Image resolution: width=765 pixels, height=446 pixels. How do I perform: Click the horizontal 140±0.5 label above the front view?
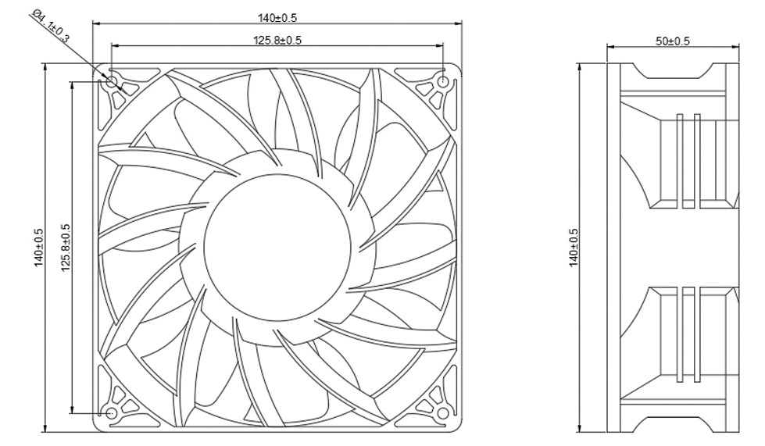pos(277,17)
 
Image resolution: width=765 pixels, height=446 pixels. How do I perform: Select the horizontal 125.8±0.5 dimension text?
pos(277,40)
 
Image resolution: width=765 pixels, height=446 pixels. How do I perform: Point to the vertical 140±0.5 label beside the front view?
pos(38,248)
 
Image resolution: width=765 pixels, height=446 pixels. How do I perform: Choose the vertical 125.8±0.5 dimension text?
pos(66,248)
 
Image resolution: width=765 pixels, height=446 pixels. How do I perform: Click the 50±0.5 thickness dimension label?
pos(673,41)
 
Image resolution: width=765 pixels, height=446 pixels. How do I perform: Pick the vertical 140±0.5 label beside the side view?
pos(574,248)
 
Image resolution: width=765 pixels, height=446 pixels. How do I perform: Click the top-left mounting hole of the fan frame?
pos(112,82)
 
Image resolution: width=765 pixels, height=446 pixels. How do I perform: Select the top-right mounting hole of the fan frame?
pos(443,82)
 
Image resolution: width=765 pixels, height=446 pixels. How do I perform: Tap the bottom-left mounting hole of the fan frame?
pos(112,412)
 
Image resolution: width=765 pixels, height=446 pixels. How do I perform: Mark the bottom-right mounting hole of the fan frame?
pos(443,412)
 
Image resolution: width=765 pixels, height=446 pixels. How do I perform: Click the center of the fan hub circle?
pos(277,248)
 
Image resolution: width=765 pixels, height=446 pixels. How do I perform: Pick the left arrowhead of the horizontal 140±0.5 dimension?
pos(97,23)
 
